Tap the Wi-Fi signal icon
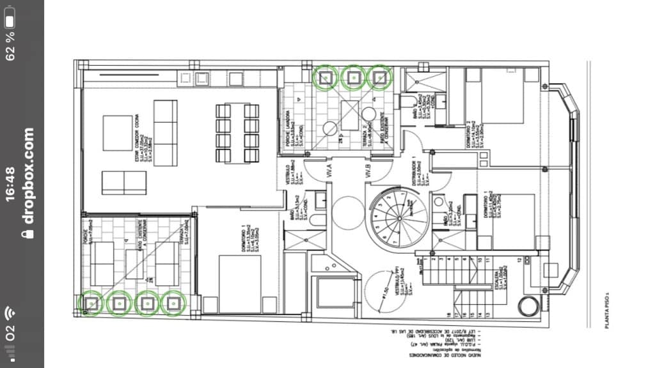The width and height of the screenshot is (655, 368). (x=10, y=313)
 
